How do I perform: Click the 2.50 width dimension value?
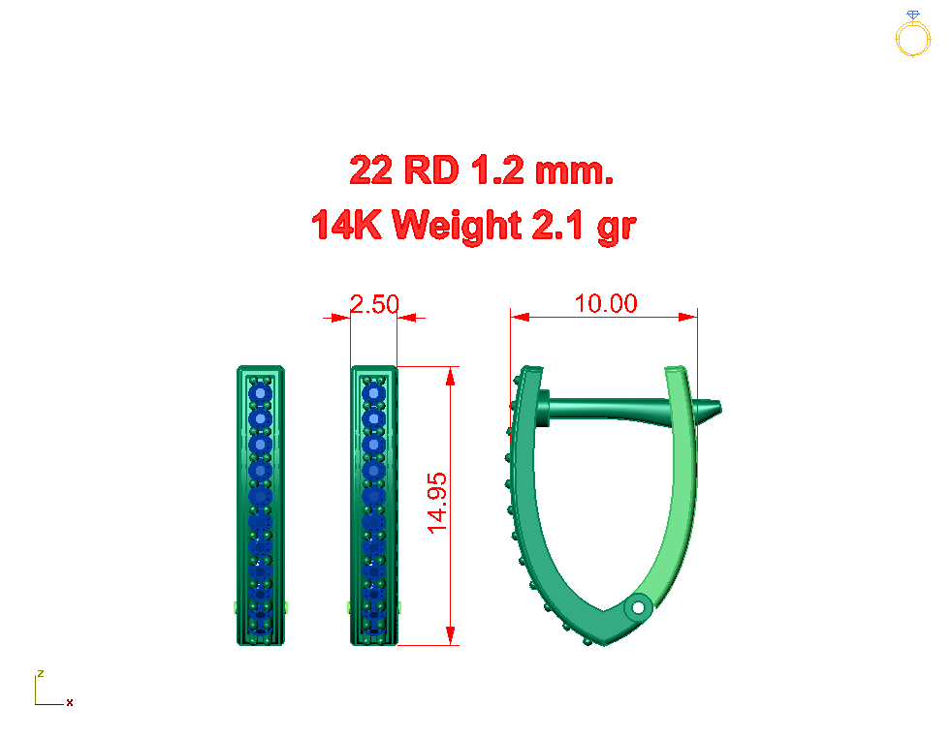tap(374, 304)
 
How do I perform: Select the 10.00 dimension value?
tap(606, 303)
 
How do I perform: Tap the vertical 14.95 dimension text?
tap(437, 504)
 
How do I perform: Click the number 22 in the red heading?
tap(371, 169)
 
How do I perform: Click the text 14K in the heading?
tap(347, 225)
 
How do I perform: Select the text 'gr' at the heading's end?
tap(617, 229)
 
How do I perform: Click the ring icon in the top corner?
tap(912, 35)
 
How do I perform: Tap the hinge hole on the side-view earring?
tap(638, 607)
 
